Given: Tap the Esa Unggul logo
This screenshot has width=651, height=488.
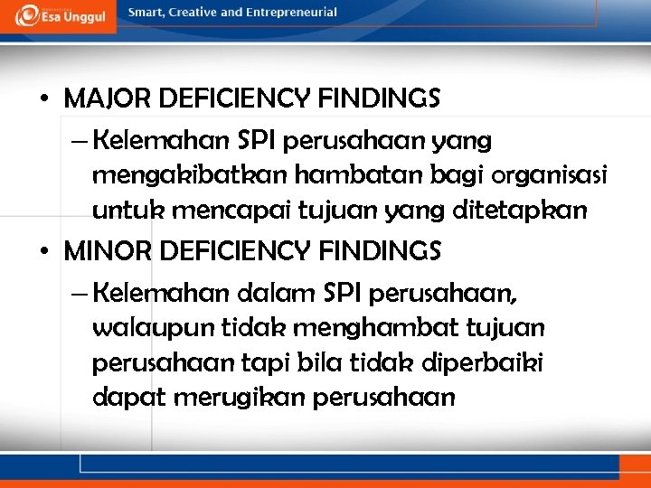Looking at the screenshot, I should click(x=59, y=15).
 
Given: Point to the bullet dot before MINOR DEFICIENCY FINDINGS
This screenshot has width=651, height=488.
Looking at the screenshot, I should click(x=44, y=252).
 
